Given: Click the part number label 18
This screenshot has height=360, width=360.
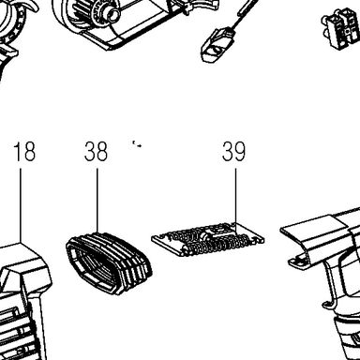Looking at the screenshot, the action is pos(24,152).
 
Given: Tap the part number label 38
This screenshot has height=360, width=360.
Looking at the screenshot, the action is pos(96,152).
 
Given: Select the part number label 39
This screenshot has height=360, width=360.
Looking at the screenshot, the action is pos(233,152).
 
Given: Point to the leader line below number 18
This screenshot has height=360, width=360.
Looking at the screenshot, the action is pos(21,205).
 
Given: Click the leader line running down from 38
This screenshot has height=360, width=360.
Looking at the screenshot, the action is pos(97,201).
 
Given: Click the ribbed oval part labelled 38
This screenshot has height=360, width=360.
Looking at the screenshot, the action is pos(109,263).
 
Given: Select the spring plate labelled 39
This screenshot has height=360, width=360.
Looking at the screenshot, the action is pos(208,239).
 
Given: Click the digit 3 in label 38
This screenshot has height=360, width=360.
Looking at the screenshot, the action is pos(90,152).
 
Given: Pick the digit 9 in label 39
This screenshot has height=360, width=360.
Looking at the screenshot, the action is pos(240,152).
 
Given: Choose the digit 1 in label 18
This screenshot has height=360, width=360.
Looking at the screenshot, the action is pos(18,152).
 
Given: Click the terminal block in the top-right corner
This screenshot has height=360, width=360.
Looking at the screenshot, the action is pos(341,27).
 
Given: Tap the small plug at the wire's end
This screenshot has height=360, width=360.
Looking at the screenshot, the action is pos(217,46).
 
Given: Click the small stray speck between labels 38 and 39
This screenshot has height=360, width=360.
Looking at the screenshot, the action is pos(137,144).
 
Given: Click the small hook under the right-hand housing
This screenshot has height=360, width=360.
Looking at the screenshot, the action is pos(327,306).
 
